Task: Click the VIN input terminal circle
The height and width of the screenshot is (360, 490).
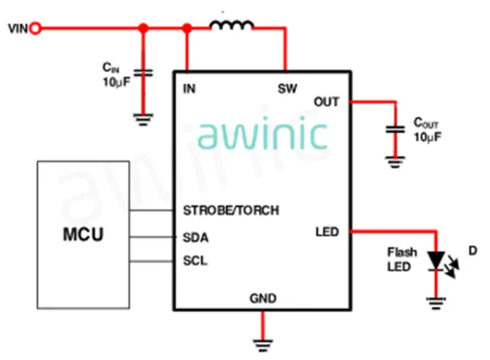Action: point(35,29)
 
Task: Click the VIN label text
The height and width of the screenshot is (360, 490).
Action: point(17,30)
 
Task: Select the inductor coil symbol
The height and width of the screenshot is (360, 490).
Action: point(231,27)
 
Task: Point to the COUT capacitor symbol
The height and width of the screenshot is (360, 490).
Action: point(395,129)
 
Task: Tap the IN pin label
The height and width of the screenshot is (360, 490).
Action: point(190,87)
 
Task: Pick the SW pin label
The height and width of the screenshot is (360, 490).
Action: point(286,87)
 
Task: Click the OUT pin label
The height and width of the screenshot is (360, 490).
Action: point(326,102)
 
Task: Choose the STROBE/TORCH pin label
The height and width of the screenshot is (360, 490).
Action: point(231,211)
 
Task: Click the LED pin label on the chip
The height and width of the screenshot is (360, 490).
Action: point(327,233)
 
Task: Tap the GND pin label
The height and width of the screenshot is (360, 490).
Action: point(263,299)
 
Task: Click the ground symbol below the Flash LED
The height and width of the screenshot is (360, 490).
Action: point(436,304)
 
